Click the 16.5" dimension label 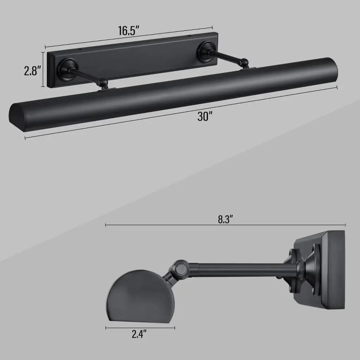[129, 31]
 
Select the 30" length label [205, 116]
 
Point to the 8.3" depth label [225, 219]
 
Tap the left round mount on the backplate [67, 69]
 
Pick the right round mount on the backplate [208, 52]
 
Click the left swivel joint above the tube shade [103, 84]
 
